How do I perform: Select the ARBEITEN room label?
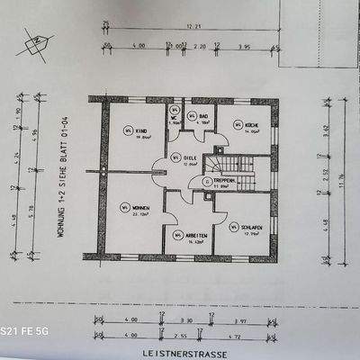pos(198,236)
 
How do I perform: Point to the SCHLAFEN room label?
pos(252,227)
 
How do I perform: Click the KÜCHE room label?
pos(254,125)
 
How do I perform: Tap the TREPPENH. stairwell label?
pos(226,180)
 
